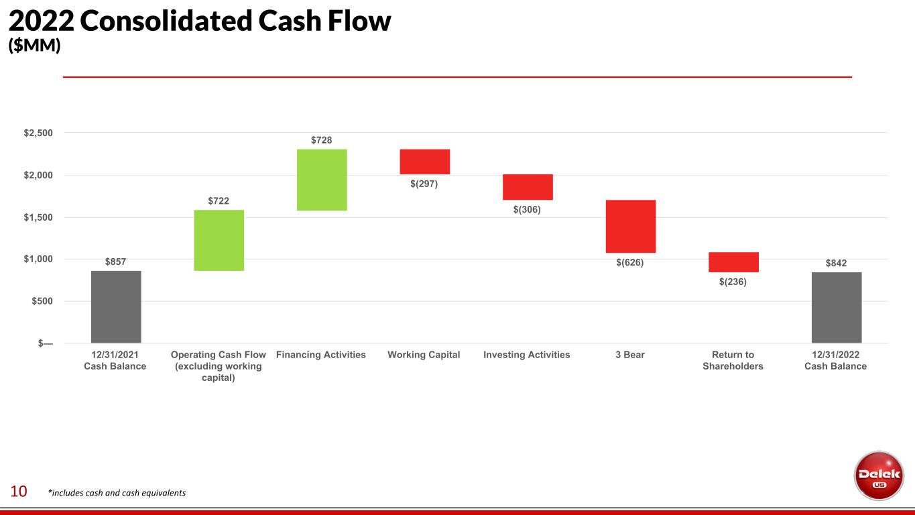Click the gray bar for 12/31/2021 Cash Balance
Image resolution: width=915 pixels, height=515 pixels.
(116, 306)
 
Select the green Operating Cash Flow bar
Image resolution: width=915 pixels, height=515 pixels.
(219, 240)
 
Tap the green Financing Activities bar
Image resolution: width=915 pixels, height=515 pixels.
(322, 180)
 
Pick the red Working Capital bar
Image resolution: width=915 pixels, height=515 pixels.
(425, 162)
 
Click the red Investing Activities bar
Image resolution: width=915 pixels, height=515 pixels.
(528, 187)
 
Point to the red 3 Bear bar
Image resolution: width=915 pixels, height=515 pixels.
(631, 226)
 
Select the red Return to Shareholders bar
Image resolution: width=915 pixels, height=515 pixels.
(733, 262)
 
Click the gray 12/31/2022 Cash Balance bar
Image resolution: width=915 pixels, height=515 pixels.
(837, 307)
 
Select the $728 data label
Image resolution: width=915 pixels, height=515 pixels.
(322, 139)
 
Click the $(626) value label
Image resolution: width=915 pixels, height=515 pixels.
(630, 263)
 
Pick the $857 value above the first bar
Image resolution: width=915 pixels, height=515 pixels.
(116, 261)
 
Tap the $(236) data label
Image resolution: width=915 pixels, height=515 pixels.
(733, 282)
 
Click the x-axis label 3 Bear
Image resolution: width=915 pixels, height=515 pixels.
(630, 355)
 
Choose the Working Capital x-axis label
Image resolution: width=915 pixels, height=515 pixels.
(424, 355)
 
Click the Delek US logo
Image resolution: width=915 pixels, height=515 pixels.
(879, 475)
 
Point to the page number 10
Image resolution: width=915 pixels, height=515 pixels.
(18, 492)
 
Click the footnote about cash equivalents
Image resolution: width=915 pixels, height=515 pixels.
(117, 493)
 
